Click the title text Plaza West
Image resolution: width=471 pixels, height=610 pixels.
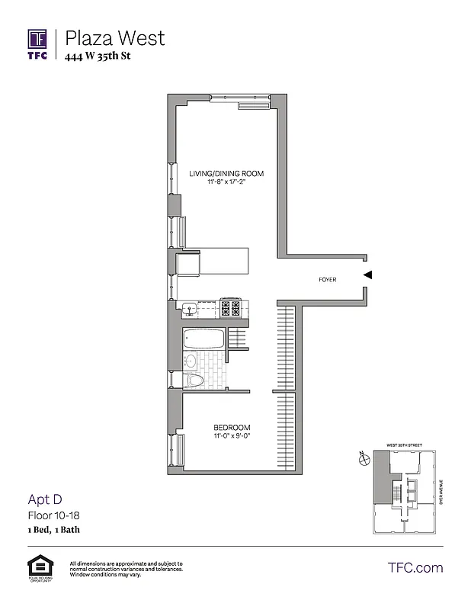coord(114,37)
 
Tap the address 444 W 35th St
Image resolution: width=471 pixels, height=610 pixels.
coord(98,56)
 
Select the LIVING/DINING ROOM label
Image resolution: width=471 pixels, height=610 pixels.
coord(226,174)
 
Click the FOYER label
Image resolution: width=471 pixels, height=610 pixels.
coord(328,280)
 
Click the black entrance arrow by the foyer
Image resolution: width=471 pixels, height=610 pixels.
coord(367,275)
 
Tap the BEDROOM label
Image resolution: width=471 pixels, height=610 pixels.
coord(232,427)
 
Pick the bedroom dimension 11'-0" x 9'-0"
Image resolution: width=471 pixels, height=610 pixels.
coord(232,437)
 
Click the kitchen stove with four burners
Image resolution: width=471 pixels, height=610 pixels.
coord(230,309)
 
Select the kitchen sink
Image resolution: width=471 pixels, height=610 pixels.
coord(188,309)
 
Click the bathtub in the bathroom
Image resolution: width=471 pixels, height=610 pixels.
coord(203,339)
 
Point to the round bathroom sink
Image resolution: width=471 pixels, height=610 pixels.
coord(191,361)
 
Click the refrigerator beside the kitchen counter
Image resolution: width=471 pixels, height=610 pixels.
coord(187,265)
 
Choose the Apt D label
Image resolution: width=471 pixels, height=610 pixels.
coord(44,500)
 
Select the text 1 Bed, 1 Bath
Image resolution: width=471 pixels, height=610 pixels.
coord(54,529)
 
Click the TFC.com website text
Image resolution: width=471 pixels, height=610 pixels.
coord(415,567)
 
